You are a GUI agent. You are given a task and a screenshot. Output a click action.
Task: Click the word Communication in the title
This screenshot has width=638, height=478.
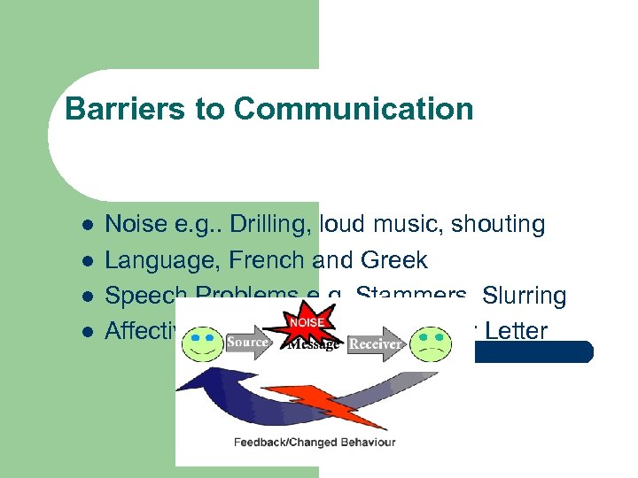354,110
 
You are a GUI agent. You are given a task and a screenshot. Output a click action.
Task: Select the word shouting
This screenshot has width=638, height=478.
498,225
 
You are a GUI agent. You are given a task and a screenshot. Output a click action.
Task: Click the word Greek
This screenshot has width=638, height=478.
394,260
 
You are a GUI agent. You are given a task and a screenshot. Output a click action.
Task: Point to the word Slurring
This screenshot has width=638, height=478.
522,296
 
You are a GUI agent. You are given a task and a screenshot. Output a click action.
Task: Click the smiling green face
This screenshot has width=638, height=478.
204,343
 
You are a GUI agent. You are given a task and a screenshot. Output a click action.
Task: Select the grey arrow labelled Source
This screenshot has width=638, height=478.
249,343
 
